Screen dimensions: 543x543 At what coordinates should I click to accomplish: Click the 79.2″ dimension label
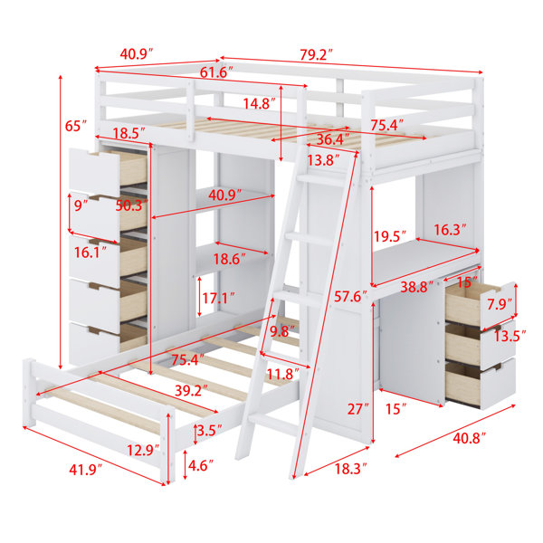[316, 54]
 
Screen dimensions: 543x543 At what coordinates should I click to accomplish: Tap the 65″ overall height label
[75, 126]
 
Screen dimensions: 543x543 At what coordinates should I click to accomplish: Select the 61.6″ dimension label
[216, 72]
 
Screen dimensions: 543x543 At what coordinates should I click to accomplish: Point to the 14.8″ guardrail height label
[259, 103]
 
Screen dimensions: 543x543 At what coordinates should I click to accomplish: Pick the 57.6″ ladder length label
[350, 297]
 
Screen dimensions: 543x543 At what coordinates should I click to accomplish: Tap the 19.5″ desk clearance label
[389, 237]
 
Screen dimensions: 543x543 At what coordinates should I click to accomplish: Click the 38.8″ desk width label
[416, 287]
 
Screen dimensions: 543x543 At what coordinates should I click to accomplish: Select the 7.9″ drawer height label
[500, 304]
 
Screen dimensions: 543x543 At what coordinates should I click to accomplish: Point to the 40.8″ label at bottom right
[469, 438]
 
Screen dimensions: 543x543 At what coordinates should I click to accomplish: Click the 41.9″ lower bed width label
[86, 470]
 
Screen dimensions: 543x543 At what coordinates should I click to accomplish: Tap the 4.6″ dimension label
[201, 465]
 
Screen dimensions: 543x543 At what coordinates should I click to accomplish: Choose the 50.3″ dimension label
[132, 205]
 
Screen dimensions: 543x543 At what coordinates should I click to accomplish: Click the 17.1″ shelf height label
[218, 298]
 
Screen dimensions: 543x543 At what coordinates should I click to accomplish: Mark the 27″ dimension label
[358, 409]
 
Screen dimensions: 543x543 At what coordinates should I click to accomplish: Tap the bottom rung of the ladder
[273, 424]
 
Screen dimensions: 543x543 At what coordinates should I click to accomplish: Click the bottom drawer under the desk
[481, 384]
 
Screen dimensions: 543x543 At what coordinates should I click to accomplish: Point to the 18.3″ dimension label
[350, 469]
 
